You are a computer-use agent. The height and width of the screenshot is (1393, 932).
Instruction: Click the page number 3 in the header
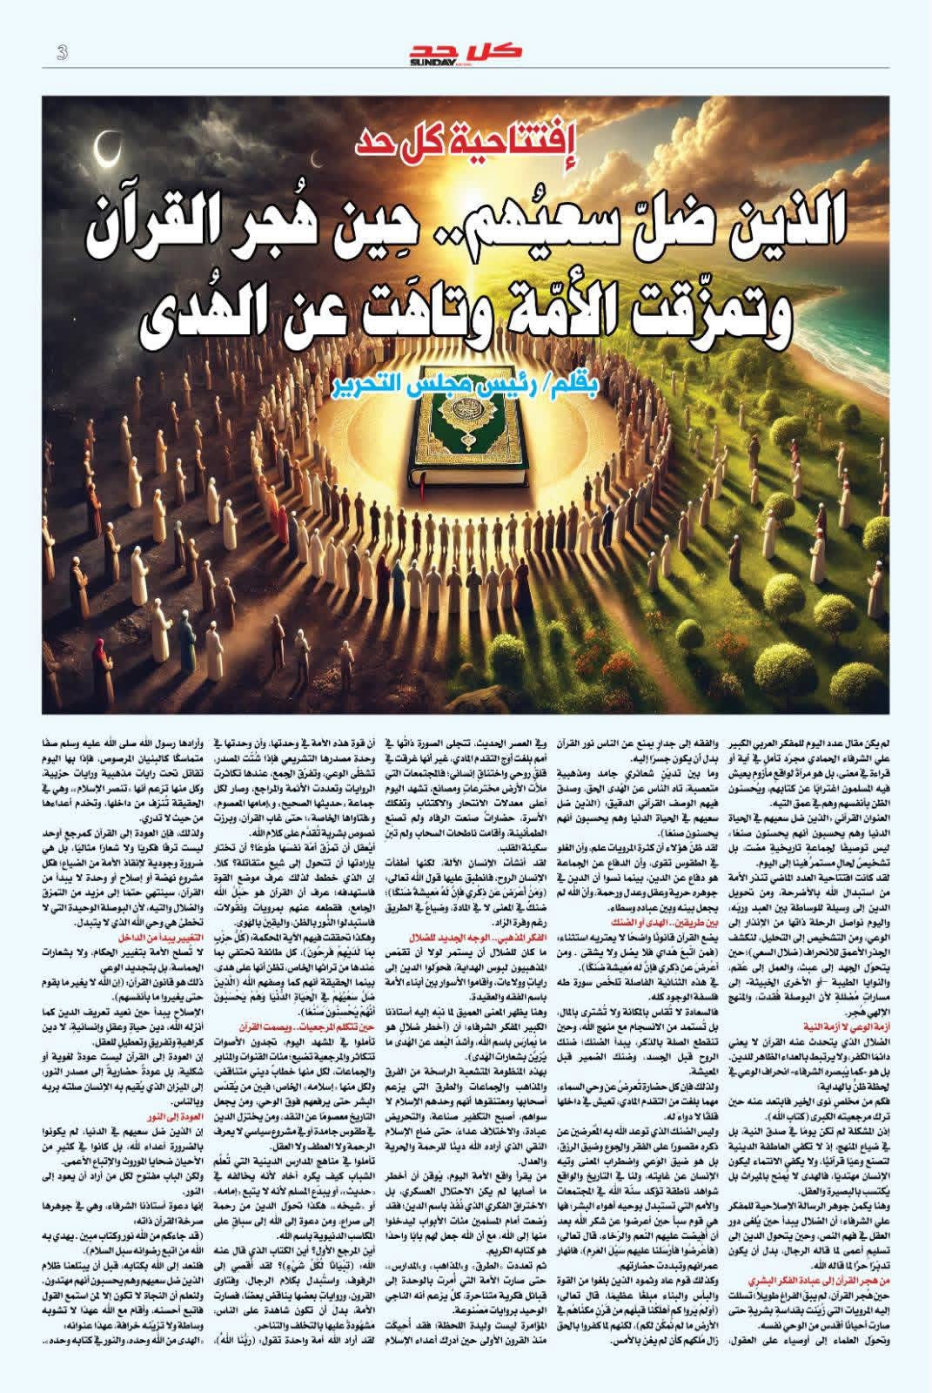pos(62,52)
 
